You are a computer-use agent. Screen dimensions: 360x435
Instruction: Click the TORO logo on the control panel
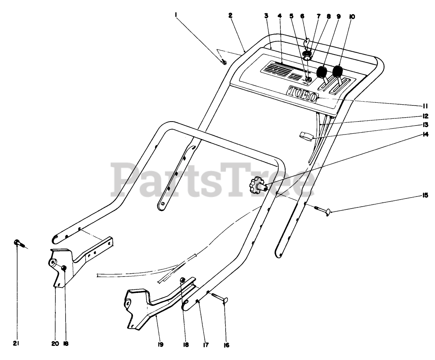click(x=302, y=94)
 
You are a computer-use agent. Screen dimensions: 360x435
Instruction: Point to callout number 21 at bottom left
click(x=16, y=344)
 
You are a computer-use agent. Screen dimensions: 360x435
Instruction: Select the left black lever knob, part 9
click(x=322, y=73)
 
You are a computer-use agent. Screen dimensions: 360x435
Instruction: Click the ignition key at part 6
click(x=307, y=42)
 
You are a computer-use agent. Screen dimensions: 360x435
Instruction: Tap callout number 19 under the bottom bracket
click(x=161, y=344)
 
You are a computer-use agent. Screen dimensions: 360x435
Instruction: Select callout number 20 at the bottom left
click(x=55, y=344)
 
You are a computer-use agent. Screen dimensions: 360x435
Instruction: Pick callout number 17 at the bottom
click(x=206, y=345)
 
